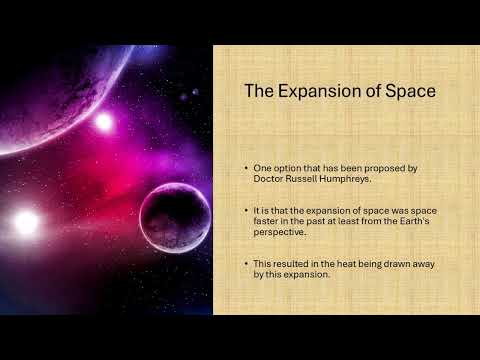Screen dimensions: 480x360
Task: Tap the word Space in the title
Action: (x=410, y=91)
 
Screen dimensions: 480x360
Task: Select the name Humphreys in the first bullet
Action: (x=345, y=179)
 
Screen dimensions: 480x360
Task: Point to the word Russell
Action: (x=301, y=179)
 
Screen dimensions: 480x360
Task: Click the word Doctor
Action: (x=268, y=179)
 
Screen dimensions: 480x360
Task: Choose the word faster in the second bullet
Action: (x=263, y=221)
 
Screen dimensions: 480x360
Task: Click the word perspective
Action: (x=279, y=232)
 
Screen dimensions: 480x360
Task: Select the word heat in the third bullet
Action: (x=344, y=264)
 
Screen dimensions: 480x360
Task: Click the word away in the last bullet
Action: (x=424, y=264)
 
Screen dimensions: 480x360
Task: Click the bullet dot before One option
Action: (x=246, y=168)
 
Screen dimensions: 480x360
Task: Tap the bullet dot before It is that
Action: (x=246, y=210)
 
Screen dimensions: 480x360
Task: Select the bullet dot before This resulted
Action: (x=246, y=263)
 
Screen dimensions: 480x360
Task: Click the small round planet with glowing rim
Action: (x=175, y=218)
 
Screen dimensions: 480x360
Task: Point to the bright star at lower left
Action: (x=26, y=223)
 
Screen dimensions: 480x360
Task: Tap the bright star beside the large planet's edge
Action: (x=104, y=122)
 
